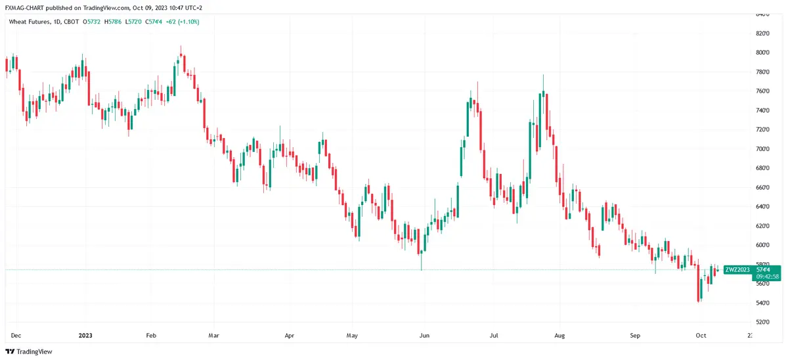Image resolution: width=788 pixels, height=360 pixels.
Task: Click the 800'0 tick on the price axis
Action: [x=762, y=53]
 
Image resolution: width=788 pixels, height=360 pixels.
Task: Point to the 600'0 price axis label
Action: [x=762, y=245]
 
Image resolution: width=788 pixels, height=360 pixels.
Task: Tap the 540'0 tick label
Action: [x=762, y=303]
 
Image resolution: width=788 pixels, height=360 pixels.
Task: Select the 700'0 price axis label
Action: [x=762, y=149]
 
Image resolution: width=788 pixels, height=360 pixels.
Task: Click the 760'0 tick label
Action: [x=762, y=91]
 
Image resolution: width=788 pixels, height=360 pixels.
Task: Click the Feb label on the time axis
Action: [x=150, y=335]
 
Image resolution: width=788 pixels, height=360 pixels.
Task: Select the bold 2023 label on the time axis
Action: [x=85, y=335]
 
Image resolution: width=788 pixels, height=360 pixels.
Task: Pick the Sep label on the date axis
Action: [x=635, y=335]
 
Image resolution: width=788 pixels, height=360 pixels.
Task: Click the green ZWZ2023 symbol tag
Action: [x=737, y=269]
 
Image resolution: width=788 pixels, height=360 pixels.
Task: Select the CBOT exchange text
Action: [x=72, y=22]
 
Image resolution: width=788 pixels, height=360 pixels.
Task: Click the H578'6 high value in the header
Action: [x=116, y=22]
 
